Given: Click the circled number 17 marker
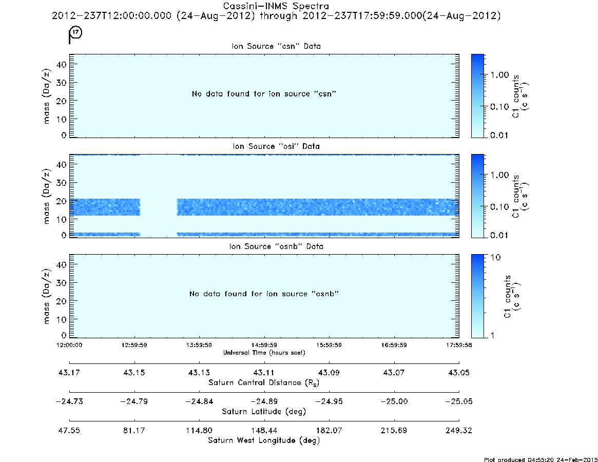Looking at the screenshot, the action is (x=76, y=32).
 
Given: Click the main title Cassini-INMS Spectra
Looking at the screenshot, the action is (x=276, y=6).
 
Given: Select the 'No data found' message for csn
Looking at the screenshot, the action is (x=264, y=94).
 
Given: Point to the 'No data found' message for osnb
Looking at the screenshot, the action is (x=264, y=294).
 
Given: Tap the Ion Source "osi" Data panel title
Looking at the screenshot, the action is (x=276, y=146).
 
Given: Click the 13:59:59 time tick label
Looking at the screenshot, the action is (x=199, y=345).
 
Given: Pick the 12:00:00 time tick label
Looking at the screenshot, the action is (x=69, y=345).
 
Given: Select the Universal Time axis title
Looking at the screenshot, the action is (x=264, y=353).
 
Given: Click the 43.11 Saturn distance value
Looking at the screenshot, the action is (x=264, y=373).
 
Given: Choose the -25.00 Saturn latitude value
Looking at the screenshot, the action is (x=394, y=401).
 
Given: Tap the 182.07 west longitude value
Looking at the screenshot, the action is (x=329, y=430).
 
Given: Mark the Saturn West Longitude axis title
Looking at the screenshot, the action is (x=264, y=440).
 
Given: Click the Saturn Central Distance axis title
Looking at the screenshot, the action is (x=264, y=382).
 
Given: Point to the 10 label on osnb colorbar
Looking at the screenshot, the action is (x=495, y=258).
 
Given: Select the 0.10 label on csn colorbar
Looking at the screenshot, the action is (x=499, y=107).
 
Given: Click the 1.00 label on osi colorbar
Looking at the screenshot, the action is (x=499, y=175).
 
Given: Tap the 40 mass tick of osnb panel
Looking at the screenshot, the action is (x=62, y=265).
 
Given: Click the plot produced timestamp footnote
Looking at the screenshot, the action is (x=541, y=459).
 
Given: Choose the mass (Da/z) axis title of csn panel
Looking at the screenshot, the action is (x=46, y=96).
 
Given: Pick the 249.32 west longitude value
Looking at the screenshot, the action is (x=459, y=430).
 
